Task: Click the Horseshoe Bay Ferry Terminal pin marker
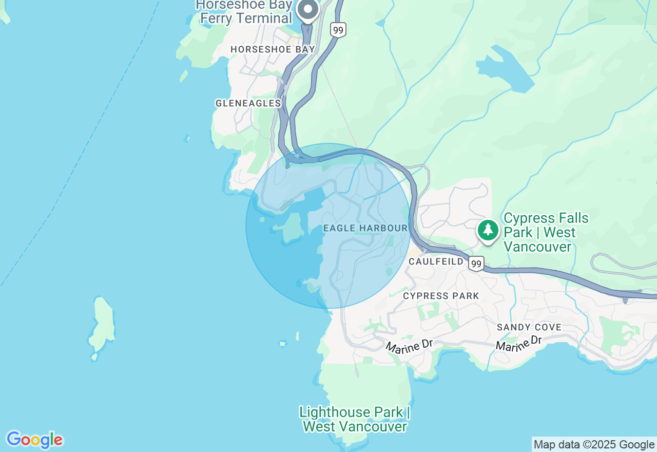tap(308, 9)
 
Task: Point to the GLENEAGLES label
tap(248, 103)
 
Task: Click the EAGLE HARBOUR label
tap(365, 228)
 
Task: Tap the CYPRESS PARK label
tap(441, 296)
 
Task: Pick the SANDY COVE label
tap(529, 327)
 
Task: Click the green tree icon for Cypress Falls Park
tap(487, 230)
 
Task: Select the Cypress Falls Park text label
tap(546, 233)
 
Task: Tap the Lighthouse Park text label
tap(355, 419)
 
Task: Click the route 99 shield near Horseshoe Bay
tap(338, 30)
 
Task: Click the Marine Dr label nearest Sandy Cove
tap(519, 344)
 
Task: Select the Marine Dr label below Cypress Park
tap(410, 347)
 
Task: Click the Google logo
tap(34, 440)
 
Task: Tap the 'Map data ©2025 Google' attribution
tap(594, 445)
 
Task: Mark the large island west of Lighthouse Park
tap(102, 326)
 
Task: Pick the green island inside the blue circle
tap(292, 227)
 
